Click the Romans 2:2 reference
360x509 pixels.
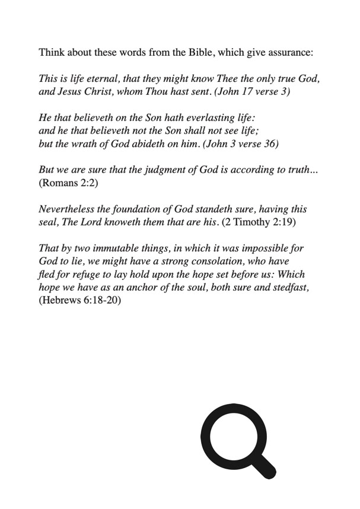coord(68,184)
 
